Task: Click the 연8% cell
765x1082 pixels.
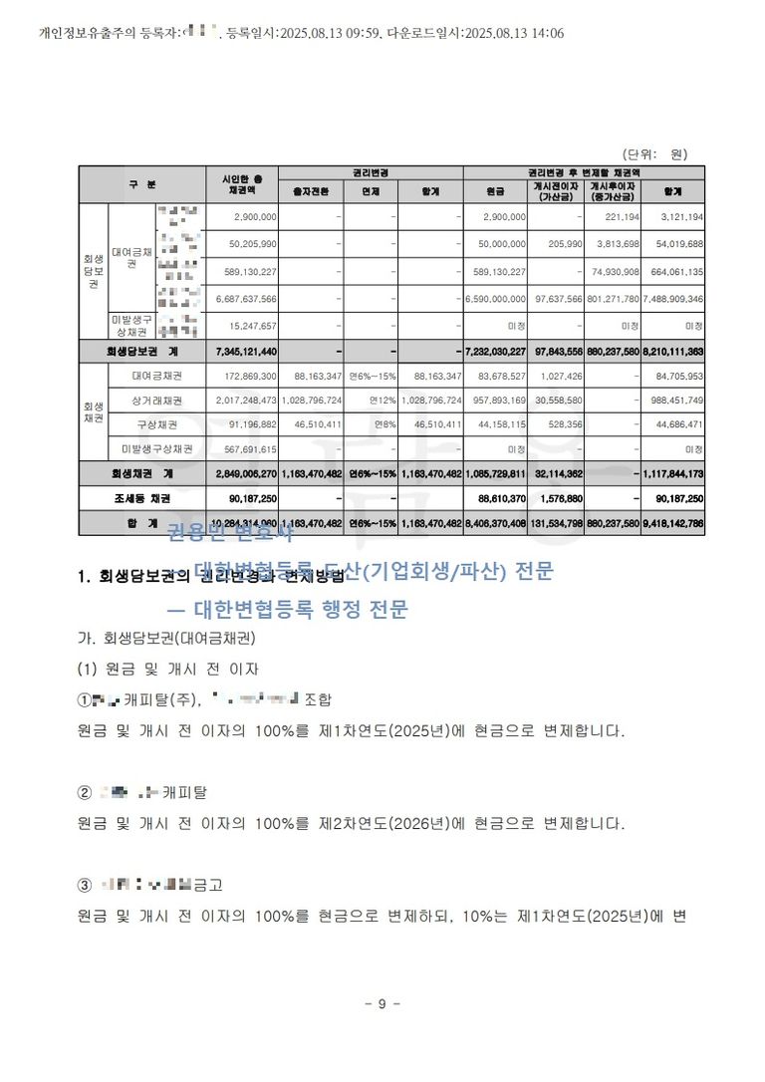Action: [385, 424]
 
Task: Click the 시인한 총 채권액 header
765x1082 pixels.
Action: [241, 184]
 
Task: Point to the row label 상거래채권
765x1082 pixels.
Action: [156, 401]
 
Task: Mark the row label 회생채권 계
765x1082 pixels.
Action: [143, 473]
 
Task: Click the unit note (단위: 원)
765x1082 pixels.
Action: [654, 154]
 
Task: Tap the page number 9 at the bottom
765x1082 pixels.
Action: [382, 1003]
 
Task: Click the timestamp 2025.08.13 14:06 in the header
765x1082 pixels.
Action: [517, 33]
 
